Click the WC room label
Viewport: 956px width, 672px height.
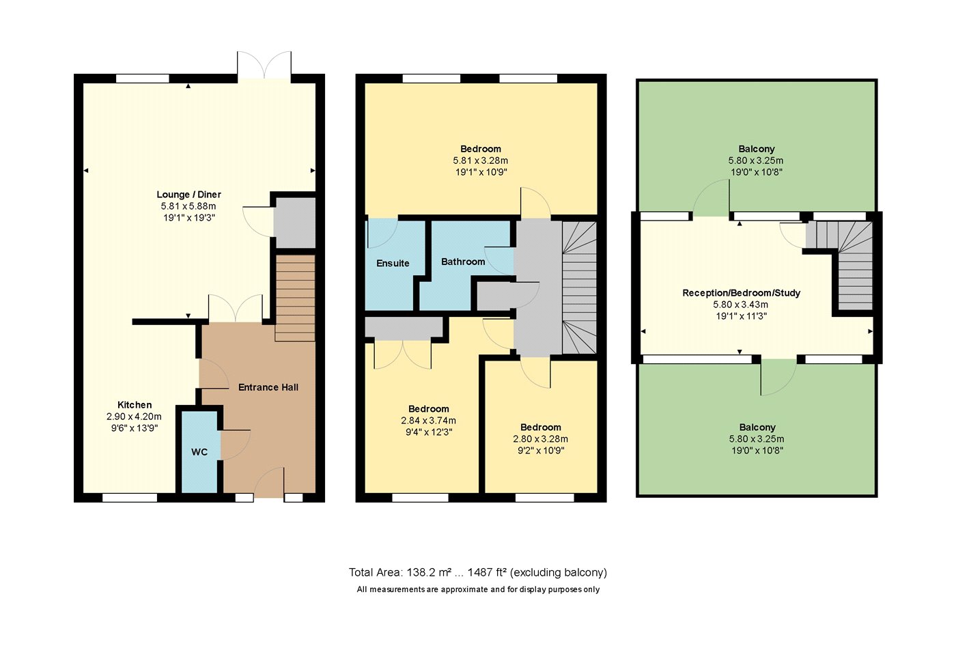(x=199, y=452)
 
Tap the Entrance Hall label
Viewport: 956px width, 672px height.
(x=268, y=387)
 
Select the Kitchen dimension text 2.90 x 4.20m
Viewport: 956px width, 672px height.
(x=134, y=417)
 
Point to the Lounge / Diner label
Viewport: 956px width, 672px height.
(x=188, y=195)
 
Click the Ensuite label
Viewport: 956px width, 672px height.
(x=393, y=264)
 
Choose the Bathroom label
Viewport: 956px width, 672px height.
(x=463, y=262)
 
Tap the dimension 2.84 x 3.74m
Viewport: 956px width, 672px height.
(x=429, y=421)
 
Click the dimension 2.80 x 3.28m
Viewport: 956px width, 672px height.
(x=540, y=439)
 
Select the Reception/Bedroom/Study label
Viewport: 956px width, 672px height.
(x=741, y=293)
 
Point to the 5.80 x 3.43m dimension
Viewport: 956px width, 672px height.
(x=740, y=305)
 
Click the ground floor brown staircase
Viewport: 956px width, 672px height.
(x=295, y=298)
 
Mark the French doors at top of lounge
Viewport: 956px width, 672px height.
(x=265, y=66)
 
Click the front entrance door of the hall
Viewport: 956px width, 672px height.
(x=269, y=482)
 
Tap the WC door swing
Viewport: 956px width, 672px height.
(x=235, y=445)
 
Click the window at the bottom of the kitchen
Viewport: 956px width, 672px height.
(x=130, y=497)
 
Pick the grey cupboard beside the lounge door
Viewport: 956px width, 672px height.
(x=294, y=223)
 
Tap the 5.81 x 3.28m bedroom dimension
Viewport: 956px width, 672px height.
(x=481, y=160)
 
